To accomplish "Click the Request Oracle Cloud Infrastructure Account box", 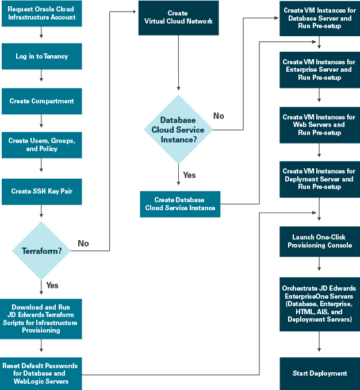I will pyautogui.click(x=41, y=13).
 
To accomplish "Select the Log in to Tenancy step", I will pyautogui.click(x=41, y=56).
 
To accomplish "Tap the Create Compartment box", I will pyautogui.click(x=41, y=101).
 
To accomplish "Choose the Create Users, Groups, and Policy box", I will pyautogui.click(x=41, y=145).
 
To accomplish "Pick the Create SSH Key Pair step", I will pyautogui.click(x=41, y=191).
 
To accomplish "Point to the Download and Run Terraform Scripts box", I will pyautogui.click(x=41, y=318).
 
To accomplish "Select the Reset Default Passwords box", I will pyautogui.click(x=41, y=373).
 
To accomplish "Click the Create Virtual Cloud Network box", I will pyautogui.click(x=178, y=17).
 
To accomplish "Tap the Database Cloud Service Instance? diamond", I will pyautogui.click(x=178, y=129).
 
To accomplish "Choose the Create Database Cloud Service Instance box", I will pyautogui.click(x=181, y=204).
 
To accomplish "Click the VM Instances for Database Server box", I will pyautogui.click(x=319, y=18).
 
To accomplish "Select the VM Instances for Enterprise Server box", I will pyautogui.click(x=319, y=69).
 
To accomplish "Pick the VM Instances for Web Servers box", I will pyautogui.click(x=319, y=125).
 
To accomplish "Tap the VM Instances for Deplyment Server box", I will pyautogui.click(x=319, y=179).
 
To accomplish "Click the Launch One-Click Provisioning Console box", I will pyautogui.click(x=319, y=241).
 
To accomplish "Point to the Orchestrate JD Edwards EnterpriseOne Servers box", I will pyautogui.click(x=319, y=304).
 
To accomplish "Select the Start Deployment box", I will pyautogui.click(x=319, y=373).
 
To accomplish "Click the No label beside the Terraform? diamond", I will pyautogui.click(x=83, y=244).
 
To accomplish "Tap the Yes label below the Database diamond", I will pyautogui.click(x=189, y=175).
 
